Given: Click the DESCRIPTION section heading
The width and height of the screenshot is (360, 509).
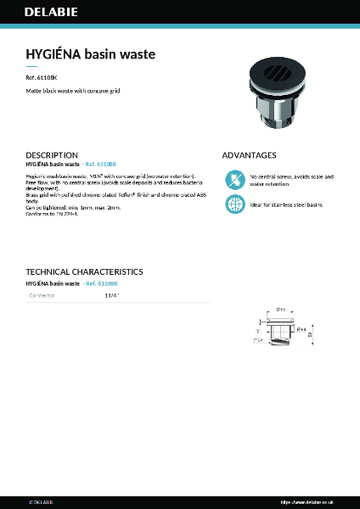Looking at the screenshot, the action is click(x=52, y=155).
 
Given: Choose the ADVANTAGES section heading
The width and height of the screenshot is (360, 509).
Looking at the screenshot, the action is click(x=249, y=155).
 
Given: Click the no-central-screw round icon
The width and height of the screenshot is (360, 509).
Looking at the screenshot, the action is click(x=233, y=180).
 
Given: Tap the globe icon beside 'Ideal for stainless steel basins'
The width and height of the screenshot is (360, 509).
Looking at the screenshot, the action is click(x=233, y=204).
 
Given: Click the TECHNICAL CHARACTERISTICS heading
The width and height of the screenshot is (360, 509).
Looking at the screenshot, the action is click(x=84, y=271).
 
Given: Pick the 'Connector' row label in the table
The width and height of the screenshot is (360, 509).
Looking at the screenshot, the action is click(x=42, y=295).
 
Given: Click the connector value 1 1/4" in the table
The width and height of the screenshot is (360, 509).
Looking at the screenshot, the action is click(x=111, y=295).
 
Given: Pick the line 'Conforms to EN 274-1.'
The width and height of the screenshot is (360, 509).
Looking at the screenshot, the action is click(x=52, y=215).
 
